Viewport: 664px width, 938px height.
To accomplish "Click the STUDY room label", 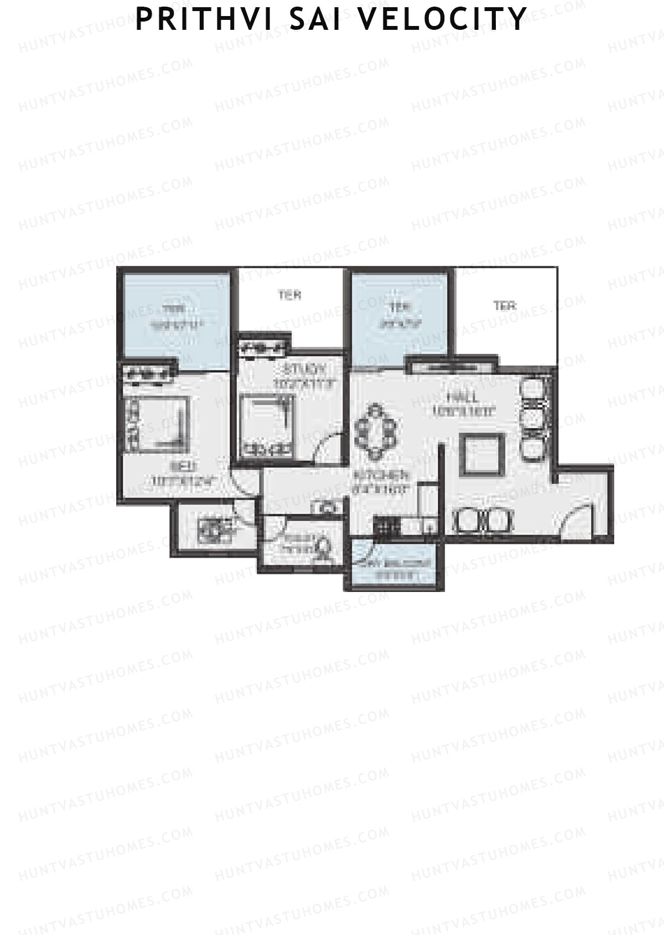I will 304,369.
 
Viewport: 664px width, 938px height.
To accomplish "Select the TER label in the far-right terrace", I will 504,305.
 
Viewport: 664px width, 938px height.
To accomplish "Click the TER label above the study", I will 289,295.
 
